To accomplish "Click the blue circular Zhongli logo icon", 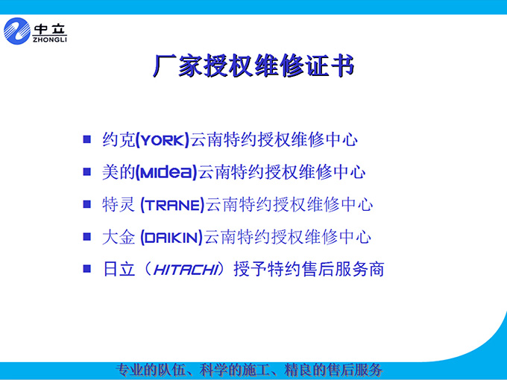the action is (17, 31).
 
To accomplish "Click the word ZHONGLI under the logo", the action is (50, 39).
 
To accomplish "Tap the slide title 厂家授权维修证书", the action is (253, 66).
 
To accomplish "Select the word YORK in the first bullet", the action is (163, 141).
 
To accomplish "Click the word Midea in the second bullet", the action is (166, 171).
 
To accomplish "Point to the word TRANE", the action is (172, 205).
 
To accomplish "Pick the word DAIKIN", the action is (171, 238).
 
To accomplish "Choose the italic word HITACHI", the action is (185, 270).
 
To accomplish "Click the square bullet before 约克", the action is (87, 139).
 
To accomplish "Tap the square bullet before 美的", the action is (87, 171).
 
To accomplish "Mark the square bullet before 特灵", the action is (87, 204).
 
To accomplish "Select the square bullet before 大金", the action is (87, 236).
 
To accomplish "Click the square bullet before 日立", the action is (87, 268).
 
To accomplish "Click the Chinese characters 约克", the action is (119, 140).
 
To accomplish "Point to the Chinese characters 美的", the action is (119, 172).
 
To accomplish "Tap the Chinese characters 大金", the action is (119, 237).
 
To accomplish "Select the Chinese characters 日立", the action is (119, 269).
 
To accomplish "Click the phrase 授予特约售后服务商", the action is (309, 269).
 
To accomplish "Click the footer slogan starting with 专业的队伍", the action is (249, 370).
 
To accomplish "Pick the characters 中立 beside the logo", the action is (50, 29).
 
